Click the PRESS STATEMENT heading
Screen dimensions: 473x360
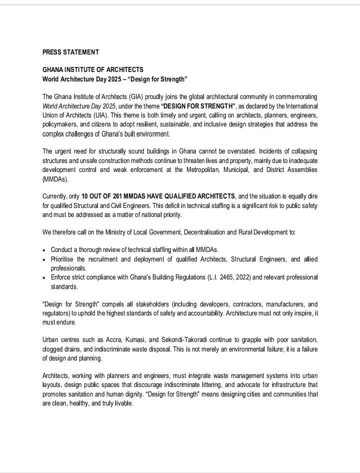pos(70,52)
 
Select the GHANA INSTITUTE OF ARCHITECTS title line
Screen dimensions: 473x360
pos(93,69)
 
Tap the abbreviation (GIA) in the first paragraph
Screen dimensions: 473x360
pos(142,96)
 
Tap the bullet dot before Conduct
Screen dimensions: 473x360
pos(45,250)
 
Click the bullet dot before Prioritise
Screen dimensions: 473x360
pos(45,259)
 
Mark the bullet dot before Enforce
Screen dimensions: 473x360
pos(45,277)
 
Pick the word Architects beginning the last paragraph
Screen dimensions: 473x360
pos(57,376)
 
